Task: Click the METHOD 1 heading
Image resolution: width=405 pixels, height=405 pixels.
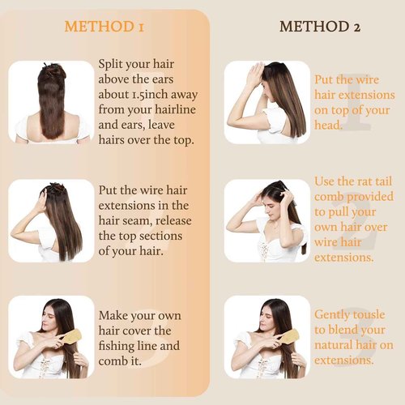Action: click(104, 27)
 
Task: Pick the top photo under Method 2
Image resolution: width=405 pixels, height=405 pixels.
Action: click(266, 101)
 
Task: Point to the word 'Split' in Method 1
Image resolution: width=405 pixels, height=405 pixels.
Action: click(113, 64)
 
